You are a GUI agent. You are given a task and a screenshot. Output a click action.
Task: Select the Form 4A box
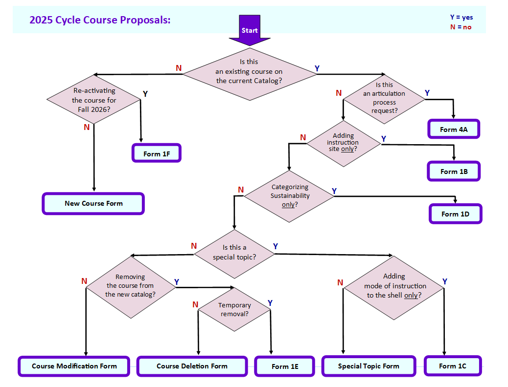(x=454, y=129)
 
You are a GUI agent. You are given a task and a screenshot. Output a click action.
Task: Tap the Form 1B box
(x=454, y=172)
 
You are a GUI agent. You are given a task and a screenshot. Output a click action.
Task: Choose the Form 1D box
(x=455, y=214)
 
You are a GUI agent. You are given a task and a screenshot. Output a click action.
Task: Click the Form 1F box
(x=157, y=153)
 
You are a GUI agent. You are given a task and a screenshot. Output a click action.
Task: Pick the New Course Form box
(x=93, y=203)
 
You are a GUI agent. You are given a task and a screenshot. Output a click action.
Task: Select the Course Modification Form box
(x=74, y=366)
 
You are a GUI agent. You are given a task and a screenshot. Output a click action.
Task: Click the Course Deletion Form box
(x=192, y=366)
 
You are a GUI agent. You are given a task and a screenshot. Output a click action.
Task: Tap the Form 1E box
(x=285, y=366)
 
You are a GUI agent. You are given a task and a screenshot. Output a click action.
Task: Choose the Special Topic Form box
(x=369, y=366)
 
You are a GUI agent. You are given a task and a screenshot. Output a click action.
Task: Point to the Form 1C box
(x=453, y=366)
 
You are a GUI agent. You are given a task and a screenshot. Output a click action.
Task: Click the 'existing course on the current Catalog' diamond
(x=249, y=72)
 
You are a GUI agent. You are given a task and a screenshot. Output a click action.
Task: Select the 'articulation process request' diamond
(x=384, y=98)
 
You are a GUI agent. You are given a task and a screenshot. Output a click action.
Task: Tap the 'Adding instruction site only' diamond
(x=343, y=142)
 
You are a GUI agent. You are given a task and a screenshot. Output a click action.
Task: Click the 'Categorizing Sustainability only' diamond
(x=290, y=195)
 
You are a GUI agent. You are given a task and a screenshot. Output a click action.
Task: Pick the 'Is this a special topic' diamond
(x=234, y=252)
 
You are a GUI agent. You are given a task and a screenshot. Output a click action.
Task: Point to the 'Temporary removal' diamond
(x=234, y=309)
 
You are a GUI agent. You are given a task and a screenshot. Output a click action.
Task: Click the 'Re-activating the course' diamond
(x=94, y=100)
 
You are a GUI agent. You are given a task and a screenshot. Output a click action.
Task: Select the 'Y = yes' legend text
(x=461, y=18)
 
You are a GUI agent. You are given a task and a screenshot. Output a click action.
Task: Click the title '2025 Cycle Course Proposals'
(x=100, y=20)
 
